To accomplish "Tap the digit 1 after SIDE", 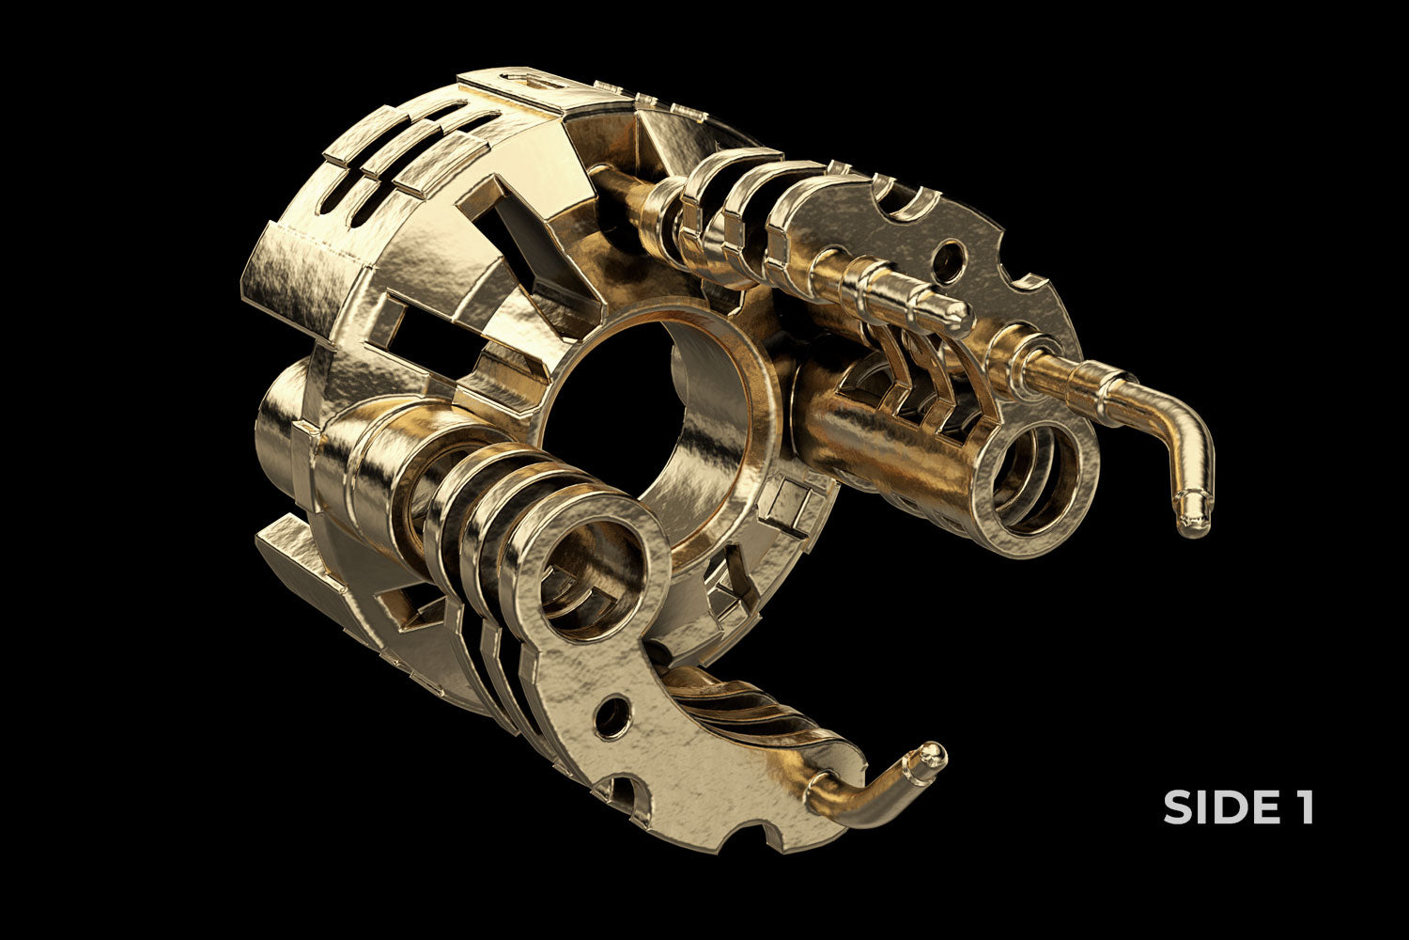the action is [x=1303, y=807].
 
